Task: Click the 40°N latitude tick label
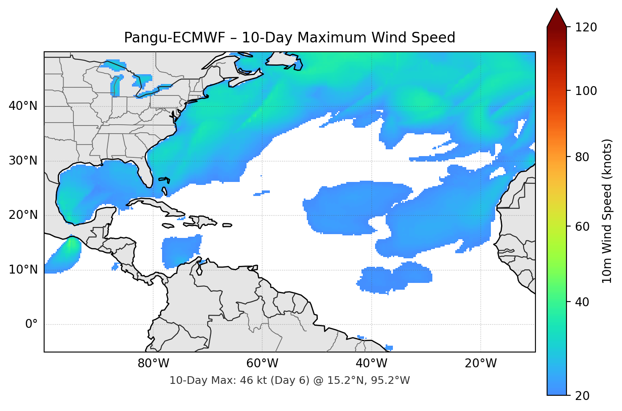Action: (23, 106)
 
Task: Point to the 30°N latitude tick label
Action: (23, 161)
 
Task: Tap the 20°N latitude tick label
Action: (23, 215)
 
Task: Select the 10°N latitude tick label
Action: (23, 270)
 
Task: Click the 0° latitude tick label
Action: (31, 324)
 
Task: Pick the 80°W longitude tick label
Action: (153, 363)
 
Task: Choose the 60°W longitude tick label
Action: (262, 363)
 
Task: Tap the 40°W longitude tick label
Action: (371, 363)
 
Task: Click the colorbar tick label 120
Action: (586, 28)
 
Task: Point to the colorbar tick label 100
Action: (586, 91)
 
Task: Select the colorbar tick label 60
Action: (582, 226)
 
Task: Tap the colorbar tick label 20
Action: (582, 396)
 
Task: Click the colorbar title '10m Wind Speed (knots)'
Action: (607, 211)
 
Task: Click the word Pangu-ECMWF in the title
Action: (174, 38)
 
